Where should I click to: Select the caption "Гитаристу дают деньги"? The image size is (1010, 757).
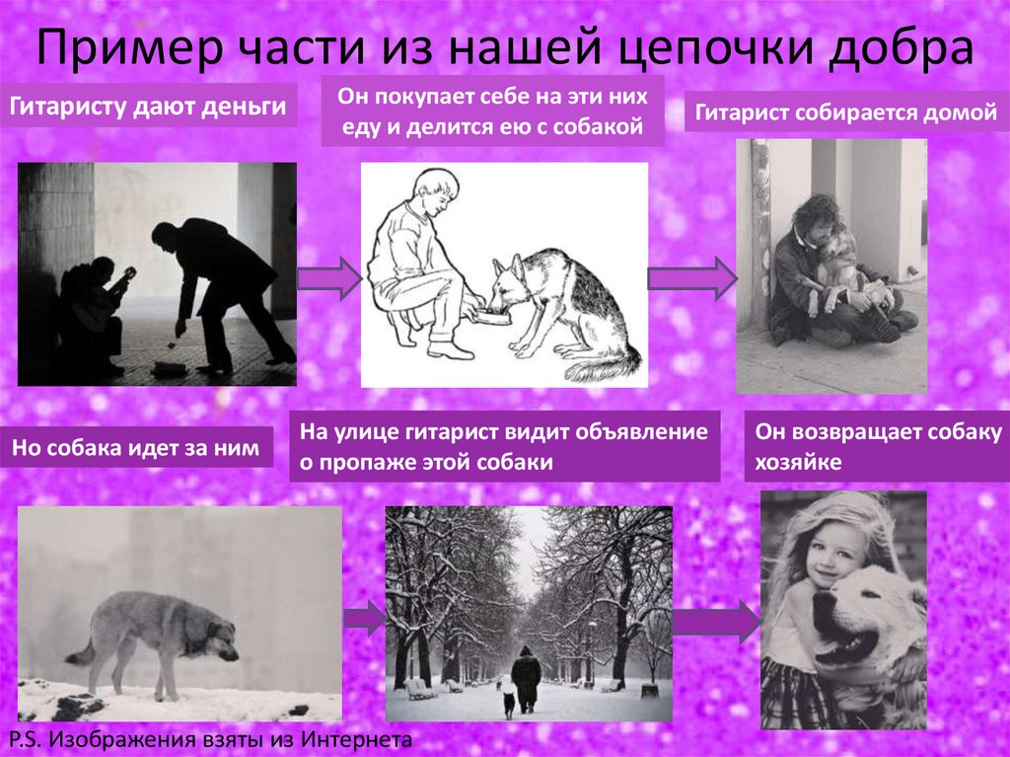tap(153, 106)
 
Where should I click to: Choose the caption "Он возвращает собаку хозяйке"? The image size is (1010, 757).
tap(878, 447)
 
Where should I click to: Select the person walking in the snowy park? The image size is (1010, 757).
tap(526, 678)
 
